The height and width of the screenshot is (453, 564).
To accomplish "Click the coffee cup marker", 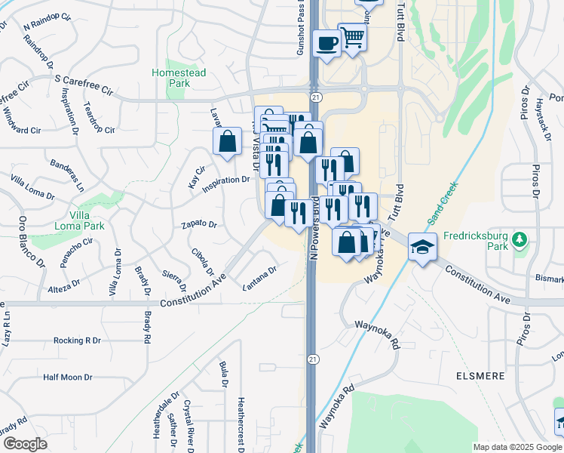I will (x=327, y=43).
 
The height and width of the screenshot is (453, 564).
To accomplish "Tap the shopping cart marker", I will (x=352, y=36).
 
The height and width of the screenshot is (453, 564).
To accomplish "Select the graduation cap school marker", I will (x=422, y=246).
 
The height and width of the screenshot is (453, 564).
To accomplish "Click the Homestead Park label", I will (x=178, y=78).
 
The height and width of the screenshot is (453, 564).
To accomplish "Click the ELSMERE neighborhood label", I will (x=519, y=373).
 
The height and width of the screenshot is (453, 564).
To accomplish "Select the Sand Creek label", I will (x=442, y=203).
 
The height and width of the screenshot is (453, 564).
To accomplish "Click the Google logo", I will (x=25, y=444).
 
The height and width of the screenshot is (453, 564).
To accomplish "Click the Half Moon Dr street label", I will (x=67, y=377).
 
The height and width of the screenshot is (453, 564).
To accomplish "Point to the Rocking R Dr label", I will (x=77, y=341).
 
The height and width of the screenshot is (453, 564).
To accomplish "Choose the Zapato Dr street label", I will (x=199, y=224).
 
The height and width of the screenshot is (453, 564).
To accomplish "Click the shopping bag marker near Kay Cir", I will (x=227, y=141).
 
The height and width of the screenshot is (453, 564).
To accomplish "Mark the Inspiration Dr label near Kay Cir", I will (x=226, y=180).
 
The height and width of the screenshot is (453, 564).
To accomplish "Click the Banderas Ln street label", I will (x=67, y=174).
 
